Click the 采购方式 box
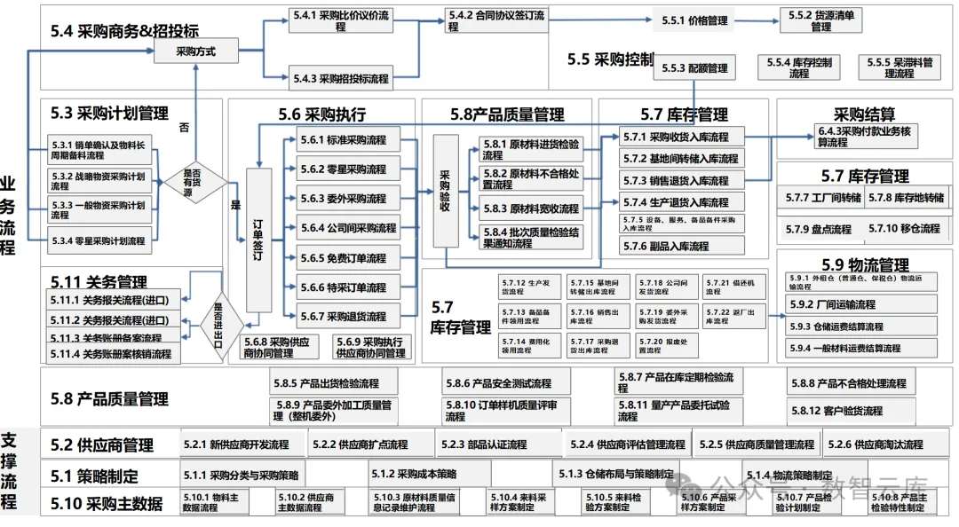[197, 51]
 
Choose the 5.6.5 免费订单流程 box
[347, 258]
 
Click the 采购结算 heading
[864, 114]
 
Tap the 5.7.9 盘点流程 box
[818, 229]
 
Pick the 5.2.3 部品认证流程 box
[495, 444]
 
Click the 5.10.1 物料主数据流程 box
[215, 503]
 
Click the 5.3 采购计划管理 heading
[109, 114]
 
